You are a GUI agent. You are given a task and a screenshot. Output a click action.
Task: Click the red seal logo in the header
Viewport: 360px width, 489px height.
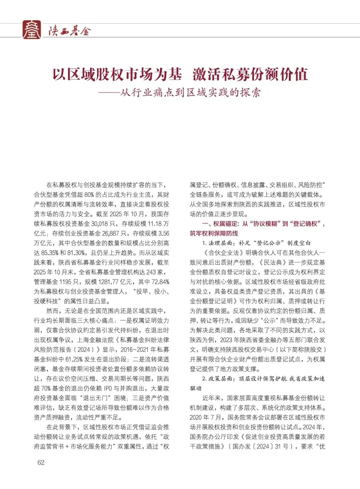32,30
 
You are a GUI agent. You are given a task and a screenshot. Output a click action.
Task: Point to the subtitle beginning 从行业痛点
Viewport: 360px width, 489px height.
190,92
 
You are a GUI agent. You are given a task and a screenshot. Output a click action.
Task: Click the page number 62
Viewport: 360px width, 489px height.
41,462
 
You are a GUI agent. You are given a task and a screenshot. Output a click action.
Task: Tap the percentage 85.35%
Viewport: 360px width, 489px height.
50,253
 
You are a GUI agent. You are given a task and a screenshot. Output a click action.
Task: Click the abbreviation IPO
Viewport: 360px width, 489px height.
108,388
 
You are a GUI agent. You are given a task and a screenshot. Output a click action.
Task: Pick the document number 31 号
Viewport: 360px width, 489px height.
282,446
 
